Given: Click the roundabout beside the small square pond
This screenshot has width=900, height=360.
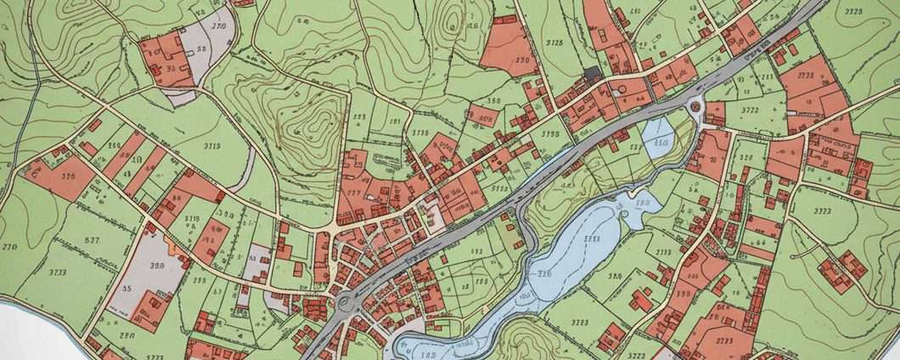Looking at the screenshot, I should coord(696,107).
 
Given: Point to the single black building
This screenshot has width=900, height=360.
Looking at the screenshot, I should coord(592,74).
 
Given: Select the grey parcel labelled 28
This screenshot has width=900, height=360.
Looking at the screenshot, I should coord(200,48).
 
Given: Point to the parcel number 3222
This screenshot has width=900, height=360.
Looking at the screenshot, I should coord(822,211).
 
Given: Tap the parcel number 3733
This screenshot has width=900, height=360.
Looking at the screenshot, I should coord(57,272).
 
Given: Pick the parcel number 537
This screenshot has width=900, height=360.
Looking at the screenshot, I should coord(91,240).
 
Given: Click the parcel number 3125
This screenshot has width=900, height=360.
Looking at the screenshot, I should coord(554,42).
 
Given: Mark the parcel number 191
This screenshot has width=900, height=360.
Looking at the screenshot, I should coord(394,121).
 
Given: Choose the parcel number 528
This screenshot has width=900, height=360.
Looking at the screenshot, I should coord(747,158).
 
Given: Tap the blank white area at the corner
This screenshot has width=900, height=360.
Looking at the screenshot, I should coord(25,335).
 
